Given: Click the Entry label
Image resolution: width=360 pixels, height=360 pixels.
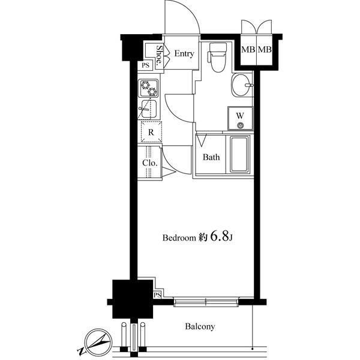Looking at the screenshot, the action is (x=184, y=53).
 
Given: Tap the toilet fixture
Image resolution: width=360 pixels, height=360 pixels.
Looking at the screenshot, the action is (x=217, y=57).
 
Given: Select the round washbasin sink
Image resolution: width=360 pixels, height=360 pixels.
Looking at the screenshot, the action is (x=242, y=85).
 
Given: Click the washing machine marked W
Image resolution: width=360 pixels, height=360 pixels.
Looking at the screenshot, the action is (x=241, y=118).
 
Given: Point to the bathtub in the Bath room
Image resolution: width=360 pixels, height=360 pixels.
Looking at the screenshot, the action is (x=239, y=154).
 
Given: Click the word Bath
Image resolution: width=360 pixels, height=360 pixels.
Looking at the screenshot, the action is (x=211, y=157).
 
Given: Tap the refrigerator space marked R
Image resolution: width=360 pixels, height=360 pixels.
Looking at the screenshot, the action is (x=151, y=132).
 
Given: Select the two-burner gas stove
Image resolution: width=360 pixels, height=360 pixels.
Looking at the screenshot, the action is (x=148, y=88).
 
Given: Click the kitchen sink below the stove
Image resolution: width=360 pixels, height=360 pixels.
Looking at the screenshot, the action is (x=148, y=109).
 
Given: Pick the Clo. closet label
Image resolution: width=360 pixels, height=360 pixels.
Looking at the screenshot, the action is (x=150, y=163).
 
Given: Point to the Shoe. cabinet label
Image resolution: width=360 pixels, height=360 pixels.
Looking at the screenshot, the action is (x=159, y=55).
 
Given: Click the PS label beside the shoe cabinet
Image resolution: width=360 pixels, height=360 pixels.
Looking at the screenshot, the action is (x=145, y=65).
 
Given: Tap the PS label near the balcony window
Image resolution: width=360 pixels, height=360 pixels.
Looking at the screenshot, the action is (x=157, y=295).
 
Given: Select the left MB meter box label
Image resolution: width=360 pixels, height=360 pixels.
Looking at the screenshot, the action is (x=248, y=49).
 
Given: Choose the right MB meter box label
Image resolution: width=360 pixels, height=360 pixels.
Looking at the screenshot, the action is (x=265, y=49).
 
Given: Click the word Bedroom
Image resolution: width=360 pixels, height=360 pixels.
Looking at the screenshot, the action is (x=179, y=238).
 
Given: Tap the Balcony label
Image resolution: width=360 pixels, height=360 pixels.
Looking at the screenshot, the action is (x=200, y=327).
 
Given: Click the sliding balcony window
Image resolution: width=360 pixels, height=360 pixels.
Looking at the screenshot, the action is (x=206, y=302).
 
